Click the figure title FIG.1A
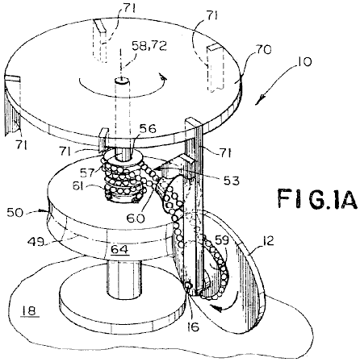(318, 198)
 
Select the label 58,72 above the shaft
(149, 45)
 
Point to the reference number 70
(262, 50)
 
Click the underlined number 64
(119, 249)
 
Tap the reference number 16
(193, 327)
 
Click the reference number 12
(267, 240)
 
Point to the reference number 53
(231, 181)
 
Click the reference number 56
(149, 129)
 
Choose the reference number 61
(78, 185)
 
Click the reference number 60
(136, 218)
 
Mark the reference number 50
(15, 212)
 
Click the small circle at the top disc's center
(122, 80)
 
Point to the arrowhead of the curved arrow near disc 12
(218, 308)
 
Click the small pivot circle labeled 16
(188, 286)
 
